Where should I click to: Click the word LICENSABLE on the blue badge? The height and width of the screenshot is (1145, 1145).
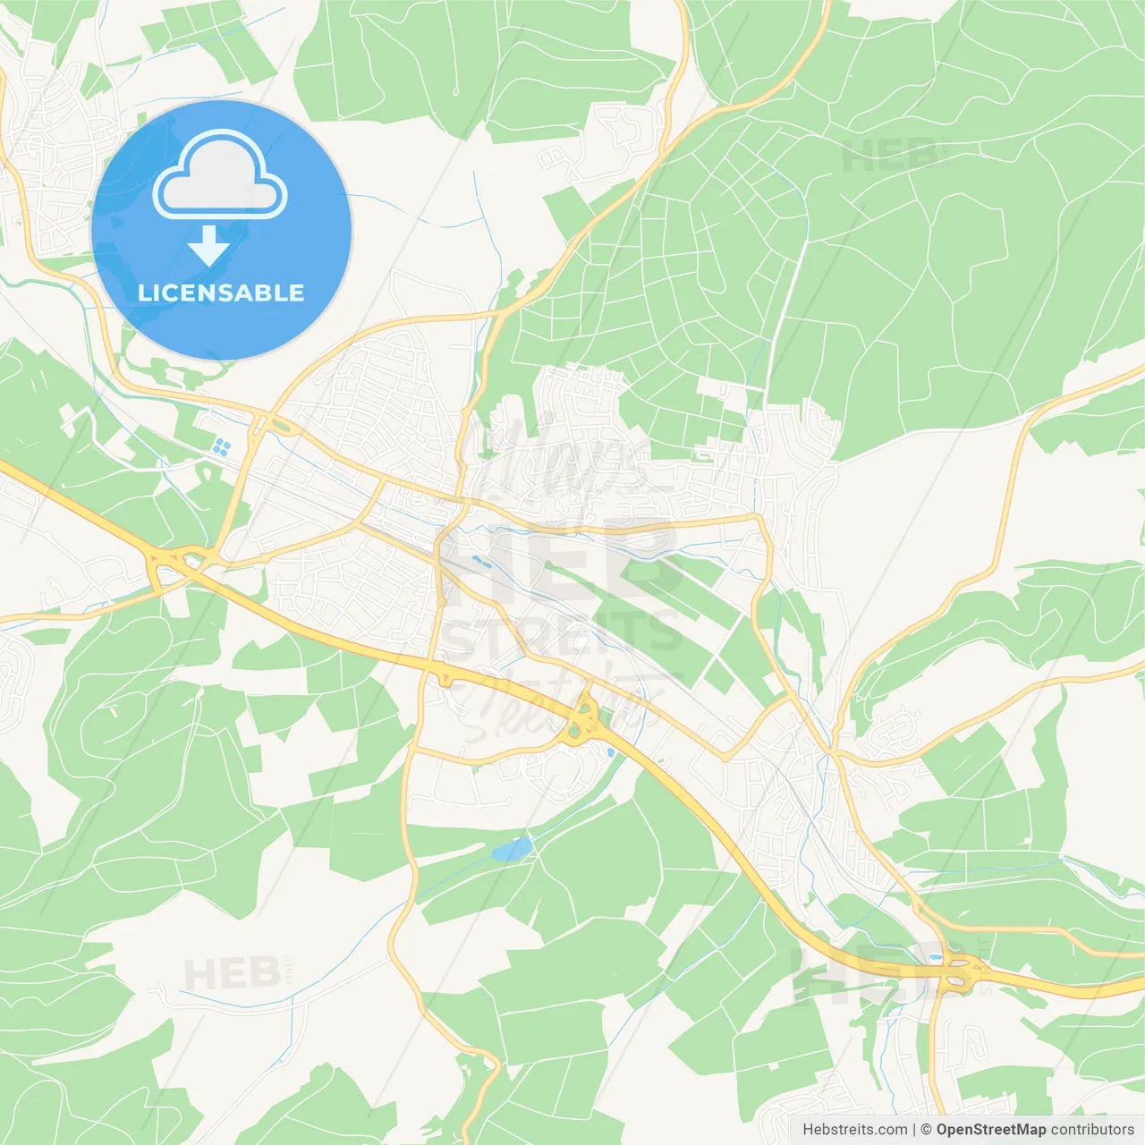point(221,293)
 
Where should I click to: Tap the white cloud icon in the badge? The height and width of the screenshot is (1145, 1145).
point(220,176)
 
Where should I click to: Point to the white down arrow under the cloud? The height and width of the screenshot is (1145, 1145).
point(208,246)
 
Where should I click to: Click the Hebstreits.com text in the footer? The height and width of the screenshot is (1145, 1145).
point(854,1130)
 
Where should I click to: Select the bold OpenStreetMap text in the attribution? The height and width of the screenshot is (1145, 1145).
point(990,1130)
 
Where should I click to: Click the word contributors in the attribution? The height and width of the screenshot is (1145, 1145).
point(1091,1130)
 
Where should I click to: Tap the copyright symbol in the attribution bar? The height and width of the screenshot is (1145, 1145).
point(926,1130)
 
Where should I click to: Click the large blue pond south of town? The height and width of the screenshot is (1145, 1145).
point(512,848)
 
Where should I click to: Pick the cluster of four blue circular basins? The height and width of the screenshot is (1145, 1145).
point(221,446)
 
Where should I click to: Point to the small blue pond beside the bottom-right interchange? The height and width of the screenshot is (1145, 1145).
point(936,957)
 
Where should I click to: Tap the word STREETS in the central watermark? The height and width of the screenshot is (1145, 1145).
point(562,633)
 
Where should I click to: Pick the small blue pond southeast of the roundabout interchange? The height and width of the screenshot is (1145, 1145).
point(611,752)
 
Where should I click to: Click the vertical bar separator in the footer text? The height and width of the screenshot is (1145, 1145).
point(914,1130)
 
